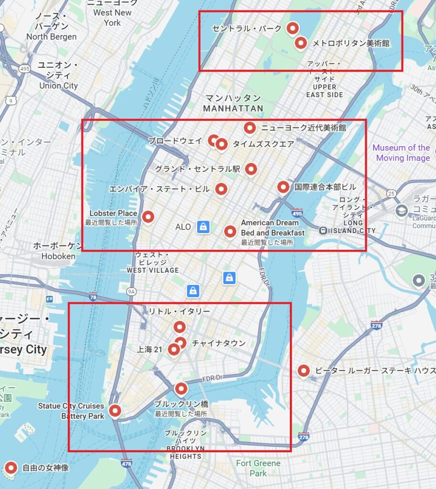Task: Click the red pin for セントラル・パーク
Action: (x=292, y=28)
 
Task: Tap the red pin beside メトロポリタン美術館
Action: (x=300, y=43)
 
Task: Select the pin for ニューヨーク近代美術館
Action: (x=249, y=128)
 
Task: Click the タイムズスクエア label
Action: (x=263, y=144)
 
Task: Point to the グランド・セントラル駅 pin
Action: (x=251, y=169)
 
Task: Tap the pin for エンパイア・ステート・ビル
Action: (x=221, y=189)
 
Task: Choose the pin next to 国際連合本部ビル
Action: (x=283, y=187)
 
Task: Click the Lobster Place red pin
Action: (x=148, y=217)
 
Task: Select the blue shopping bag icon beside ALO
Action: (x=203, y=226)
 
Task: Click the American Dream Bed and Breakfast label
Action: (x=272, y=228)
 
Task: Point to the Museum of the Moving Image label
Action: (x=401, y=153)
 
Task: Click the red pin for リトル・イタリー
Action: (x=179, y=327)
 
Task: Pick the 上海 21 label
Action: (x=149, y=350)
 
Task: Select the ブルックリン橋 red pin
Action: (x=181, y=388)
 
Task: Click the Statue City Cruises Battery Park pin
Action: (x=115, y=410)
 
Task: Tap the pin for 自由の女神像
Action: (x=11, y=468)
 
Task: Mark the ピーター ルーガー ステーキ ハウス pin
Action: (x=303, y=370)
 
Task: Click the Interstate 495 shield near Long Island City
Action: (x=297, y=212)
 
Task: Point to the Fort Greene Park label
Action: (x=258, y=468)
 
